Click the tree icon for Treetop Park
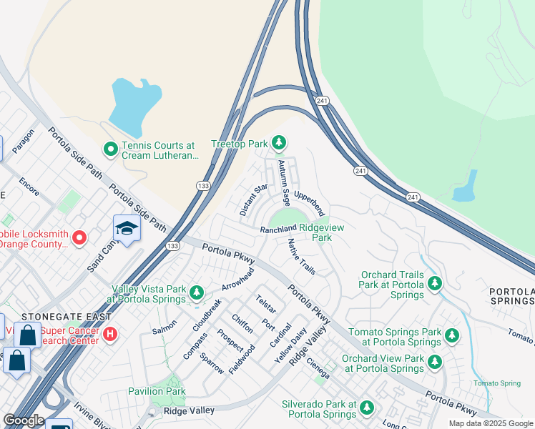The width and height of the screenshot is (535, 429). (278, 144)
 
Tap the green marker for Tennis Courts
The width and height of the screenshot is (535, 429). (110, 149)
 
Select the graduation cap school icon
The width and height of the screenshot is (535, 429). (126, 229)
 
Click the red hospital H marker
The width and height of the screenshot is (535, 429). (110, 333)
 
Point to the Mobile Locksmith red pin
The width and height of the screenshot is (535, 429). (79, 237)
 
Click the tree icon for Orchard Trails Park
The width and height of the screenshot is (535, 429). (434, 285)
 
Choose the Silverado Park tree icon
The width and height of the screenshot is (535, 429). (366, 408)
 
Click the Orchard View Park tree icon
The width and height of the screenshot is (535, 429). (434, 363)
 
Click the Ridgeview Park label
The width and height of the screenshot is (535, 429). (325, 232)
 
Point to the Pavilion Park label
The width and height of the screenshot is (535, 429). (157, 391)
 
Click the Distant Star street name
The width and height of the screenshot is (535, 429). (253, 199)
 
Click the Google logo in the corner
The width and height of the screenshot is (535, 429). (24, 420)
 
